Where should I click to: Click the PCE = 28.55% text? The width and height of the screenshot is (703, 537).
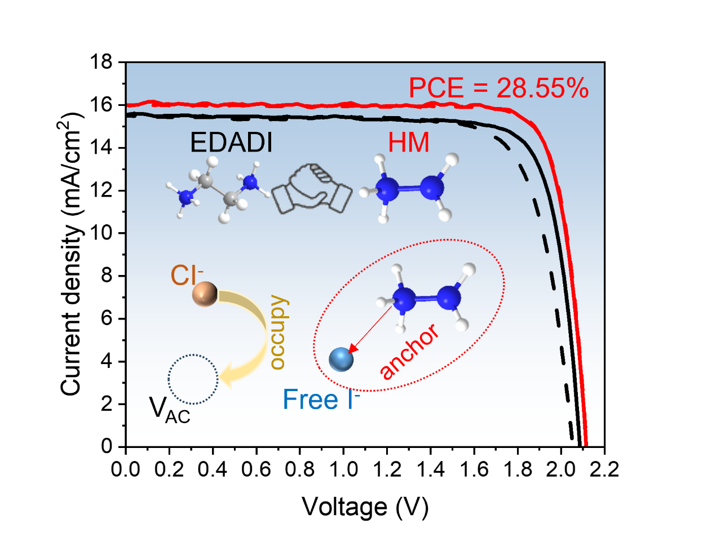click(498, 88)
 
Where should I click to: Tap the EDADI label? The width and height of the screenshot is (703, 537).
click(231, 143)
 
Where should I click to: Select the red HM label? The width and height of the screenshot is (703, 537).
click(409, 143)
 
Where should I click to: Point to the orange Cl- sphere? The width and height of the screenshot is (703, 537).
click(204, 294)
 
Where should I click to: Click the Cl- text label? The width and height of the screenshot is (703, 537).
click(185, 276)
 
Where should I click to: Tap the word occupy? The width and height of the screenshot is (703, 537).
click(278, 332)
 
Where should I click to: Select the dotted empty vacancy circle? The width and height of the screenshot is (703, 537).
click(193, 379)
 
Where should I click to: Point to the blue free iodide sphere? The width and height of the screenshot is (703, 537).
click(341, 359)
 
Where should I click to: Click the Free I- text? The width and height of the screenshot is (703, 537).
click(321, 400)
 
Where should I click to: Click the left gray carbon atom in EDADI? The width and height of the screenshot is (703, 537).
click(206, 181)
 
